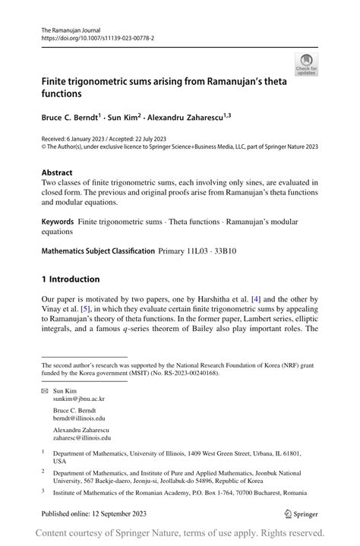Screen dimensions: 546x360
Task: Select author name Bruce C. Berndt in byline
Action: [x=71, y=118]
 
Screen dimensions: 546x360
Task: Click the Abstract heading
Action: [x=57, y=172]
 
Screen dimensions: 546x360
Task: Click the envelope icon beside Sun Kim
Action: [x=45, y=390]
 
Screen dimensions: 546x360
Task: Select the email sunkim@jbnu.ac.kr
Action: [x=79, y=399]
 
